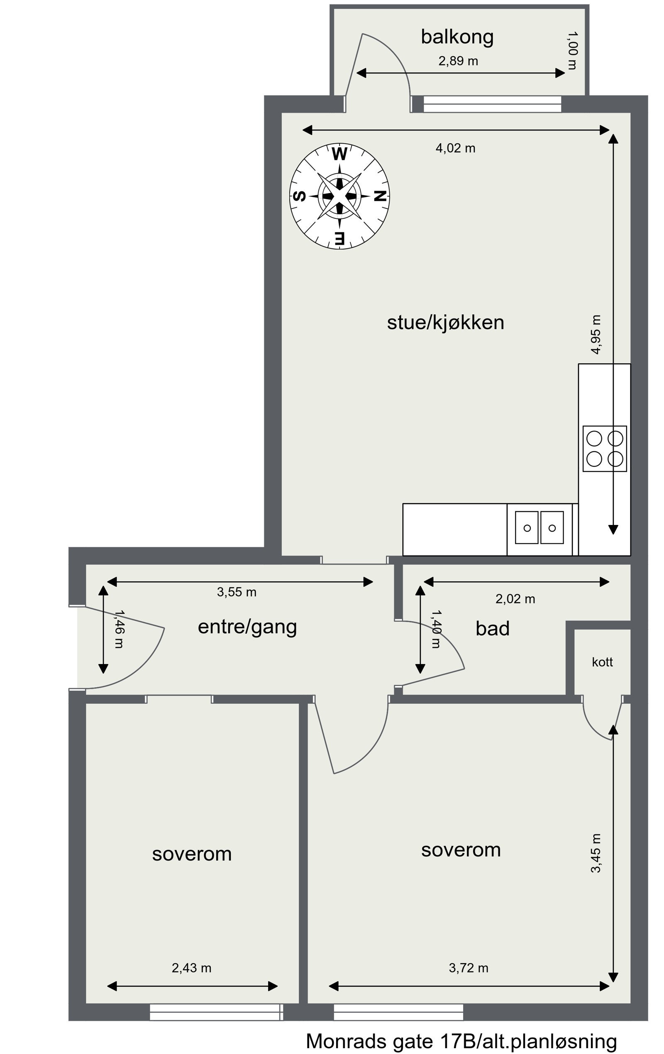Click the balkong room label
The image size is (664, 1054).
click(457, 37)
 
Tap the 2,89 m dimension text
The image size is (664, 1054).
click(458, 61)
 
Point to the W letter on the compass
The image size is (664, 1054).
click(339, 154)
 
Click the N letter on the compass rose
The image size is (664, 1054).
click(380, 196)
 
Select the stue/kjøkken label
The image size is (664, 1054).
click(445, 323)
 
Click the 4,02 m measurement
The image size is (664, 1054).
click(455, 148)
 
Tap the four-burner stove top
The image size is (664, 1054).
click(605, 449)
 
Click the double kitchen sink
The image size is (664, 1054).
click(539, 528)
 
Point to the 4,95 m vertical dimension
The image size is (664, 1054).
click(596, 334)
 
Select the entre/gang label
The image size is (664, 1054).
click(247, 627)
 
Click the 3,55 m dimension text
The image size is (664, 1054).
click(236, 592)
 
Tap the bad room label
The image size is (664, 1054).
click(493, 629)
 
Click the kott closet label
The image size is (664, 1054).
click(602, 662)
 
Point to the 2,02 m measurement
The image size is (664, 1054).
click(515, 599)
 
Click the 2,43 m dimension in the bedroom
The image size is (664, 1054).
click(191, 968)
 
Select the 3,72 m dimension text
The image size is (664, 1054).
click(468, 968)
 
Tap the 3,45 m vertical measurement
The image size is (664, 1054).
click(596, 853)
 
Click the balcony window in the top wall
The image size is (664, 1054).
click(492, 104)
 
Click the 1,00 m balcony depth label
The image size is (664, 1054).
click(572, 50)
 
